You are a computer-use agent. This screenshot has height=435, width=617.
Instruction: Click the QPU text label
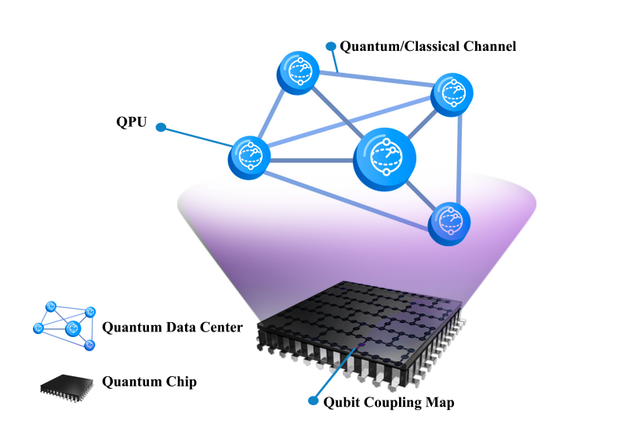pos(130,121)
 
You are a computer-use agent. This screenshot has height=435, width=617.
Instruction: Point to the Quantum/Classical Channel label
pos(428,46)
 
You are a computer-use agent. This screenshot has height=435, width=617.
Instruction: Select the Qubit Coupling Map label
pos(389,403)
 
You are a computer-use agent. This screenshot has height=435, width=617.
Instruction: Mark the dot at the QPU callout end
pos(161,127)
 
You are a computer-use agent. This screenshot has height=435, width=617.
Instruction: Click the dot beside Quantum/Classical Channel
pos(331,46)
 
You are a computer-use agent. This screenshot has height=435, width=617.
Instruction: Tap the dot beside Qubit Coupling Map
pos(314,401)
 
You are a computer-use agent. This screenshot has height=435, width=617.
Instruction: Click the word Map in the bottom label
pos(440,403)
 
